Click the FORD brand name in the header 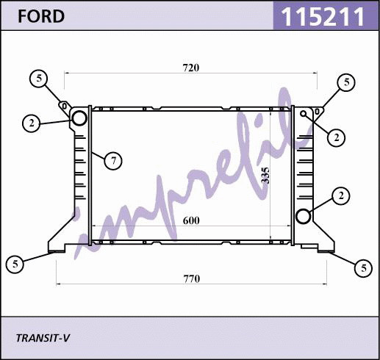(41, 16)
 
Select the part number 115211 (323, 16)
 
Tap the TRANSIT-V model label (43, 338)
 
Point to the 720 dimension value (191, 68)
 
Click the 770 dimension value (192, 279)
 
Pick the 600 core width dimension (191, 220)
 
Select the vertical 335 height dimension (265, 176)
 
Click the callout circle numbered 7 (113, 161)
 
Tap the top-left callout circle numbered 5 (39, 79)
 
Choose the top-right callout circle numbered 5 (346, 82)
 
